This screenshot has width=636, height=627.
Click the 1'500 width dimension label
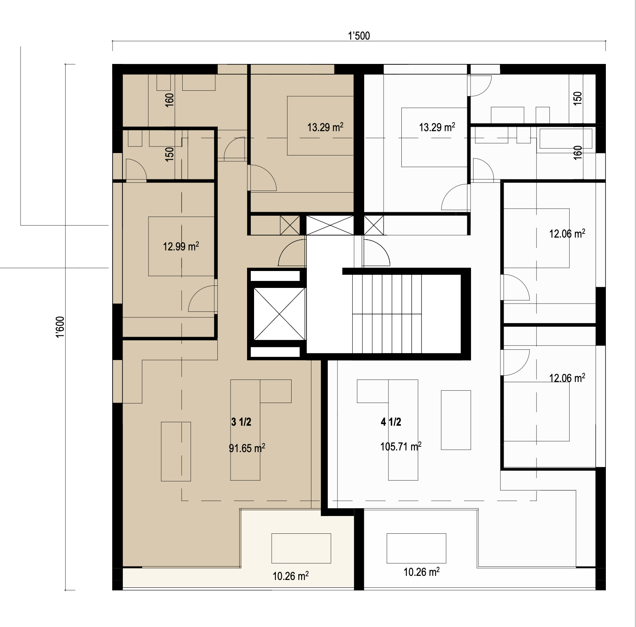pyautogui.click(x=359, y=36)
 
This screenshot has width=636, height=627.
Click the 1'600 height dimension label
pyautogui.click(x=61, y=328)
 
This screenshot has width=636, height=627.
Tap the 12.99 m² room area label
pyautogui.click(x=181, y=246)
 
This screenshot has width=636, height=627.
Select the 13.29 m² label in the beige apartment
pyautogui.click(x=325, y=127)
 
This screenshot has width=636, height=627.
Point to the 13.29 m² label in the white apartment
pyautogui.click(x=437, y=127)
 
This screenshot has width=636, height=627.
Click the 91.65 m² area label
pyautogui.click(x=247, y=448)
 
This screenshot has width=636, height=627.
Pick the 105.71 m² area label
pyautogui.click(x=401, y=446)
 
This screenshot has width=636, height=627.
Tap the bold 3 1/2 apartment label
pyautogui.click(x=241, y=422)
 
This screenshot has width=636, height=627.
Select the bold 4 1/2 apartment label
pyautogui.click(x=391, y=422)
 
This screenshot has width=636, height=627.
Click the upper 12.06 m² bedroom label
pyautogui.click(x=567, y=234)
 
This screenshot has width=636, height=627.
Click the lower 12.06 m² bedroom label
pyautogui.click(x=567, y=377)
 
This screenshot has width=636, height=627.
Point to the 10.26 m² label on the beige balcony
pyautogui.click(x=291, y=576)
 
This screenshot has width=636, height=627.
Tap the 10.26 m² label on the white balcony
pyautogui.click(x=422, y=572)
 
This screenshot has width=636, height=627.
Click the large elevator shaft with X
pyautogui.click(x=280, y=314)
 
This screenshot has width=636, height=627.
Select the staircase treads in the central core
pyautogui.click(x=387, y=314)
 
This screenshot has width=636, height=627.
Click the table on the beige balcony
pyautogui.click(x=301, y=548)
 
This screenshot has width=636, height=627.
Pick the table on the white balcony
pyautogui.click(x=416, y=548)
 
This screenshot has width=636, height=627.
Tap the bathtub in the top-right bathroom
pyautogui.click(x=565, y=139)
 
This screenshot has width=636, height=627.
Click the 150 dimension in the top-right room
pyautogui.click(x=578, y=97)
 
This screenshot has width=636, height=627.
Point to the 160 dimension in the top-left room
pyautogui.click(x=170, y=100)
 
